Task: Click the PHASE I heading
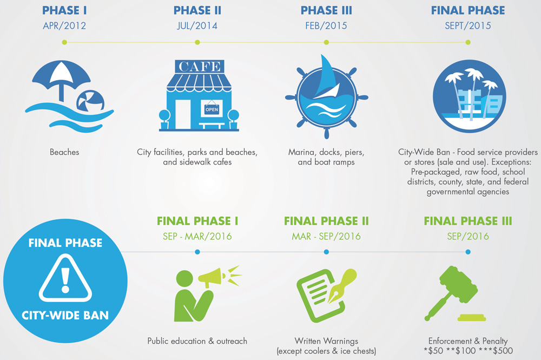(64, 10)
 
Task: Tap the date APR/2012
(64, 26)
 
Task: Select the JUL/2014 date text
(197, 26)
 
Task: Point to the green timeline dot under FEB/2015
(326, 42)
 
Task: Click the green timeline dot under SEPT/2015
(468, 42)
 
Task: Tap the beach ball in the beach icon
(90, 101)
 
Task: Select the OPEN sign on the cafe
(212, 109)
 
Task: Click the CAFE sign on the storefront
(200, 66)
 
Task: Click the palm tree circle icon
(469, 96)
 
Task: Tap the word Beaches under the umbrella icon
(64, 152)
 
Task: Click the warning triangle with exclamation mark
(65, 279)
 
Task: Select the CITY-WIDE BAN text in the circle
(65, 315)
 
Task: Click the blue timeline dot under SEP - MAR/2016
(197, 252)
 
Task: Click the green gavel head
(459, 284)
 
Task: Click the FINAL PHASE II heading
(326, 221)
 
